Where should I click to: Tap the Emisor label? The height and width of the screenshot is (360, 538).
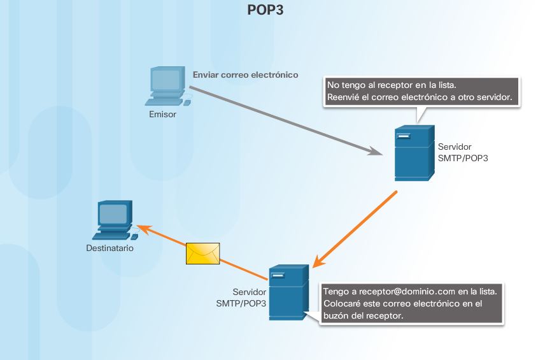click(x=162, y=115)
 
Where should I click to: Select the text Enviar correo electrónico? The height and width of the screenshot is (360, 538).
click(x=245, y=75)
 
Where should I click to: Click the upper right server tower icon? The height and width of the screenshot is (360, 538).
click(x=413, y=153)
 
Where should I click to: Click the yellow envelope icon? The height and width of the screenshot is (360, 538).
click(x=202, y=253)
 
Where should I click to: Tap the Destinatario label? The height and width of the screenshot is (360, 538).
click(x=110, y=248)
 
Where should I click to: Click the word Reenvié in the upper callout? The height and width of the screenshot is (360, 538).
click(x=344, y=97)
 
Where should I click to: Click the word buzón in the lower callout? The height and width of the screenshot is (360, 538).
click(x=337, y=316)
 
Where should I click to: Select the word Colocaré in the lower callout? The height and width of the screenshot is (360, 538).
click(x=344, y=303)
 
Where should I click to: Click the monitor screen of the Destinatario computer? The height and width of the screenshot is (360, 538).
click(x=114, y=213)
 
